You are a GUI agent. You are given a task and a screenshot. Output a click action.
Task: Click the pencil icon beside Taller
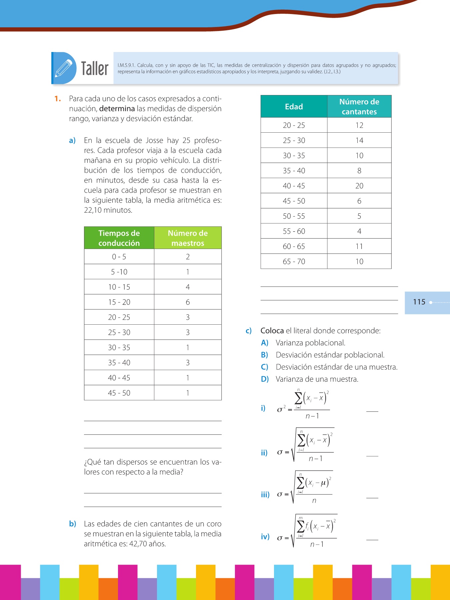64,68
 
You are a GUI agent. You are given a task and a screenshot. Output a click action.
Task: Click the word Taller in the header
95,69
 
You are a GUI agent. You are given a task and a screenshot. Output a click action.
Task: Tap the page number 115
419,302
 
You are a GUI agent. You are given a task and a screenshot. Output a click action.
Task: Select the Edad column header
294,107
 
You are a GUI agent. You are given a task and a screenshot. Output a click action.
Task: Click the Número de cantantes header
359,107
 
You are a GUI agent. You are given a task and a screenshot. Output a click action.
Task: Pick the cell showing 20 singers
359,186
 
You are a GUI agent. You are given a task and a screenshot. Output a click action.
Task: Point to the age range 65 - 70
294,262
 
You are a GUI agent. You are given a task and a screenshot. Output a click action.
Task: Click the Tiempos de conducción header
119,238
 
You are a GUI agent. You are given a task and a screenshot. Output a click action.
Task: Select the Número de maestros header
188,238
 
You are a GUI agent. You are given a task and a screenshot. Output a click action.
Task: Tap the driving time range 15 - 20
119,302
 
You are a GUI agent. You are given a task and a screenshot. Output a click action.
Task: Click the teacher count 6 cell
188,302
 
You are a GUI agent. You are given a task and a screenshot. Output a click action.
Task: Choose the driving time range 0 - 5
119,257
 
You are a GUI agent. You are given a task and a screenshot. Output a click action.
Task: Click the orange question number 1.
58,99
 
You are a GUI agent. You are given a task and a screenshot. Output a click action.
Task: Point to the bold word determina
117,109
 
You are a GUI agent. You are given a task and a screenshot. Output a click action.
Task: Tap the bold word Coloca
272,331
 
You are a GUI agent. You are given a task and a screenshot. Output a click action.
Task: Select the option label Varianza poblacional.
310,343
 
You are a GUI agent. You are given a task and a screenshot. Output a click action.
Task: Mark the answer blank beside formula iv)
372,539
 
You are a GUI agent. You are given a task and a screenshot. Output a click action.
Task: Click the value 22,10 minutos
108,210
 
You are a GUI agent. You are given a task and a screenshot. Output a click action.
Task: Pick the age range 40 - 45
294,186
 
